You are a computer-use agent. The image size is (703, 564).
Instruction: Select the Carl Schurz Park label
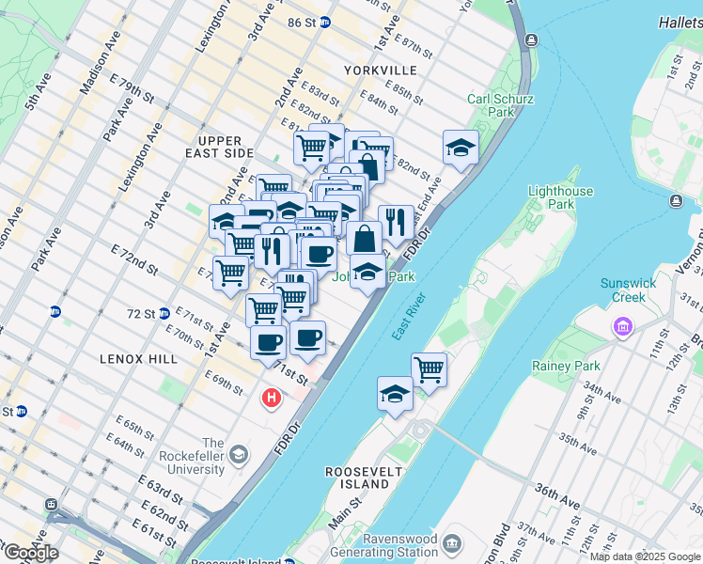[x=501, y=105]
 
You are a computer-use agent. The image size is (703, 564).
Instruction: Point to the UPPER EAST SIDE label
[x=220, y=147]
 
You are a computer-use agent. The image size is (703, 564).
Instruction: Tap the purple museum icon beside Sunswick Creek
[x=621, y=327]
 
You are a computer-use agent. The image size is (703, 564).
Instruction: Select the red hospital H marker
[x=272, y=399]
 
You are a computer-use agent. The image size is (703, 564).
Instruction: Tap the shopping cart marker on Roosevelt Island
[x=429, y=368]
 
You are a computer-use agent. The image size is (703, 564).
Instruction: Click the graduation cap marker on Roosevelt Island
[x=396, y=394]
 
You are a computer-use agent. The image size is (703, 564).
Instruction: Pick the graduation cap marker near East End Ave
[x=461, y=148]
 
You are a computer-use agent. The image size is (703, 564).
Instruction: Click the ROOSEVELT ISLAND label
[x=357, y=477]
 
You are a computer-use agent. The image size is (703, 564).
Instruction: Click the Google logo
[x=30, y=553]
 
